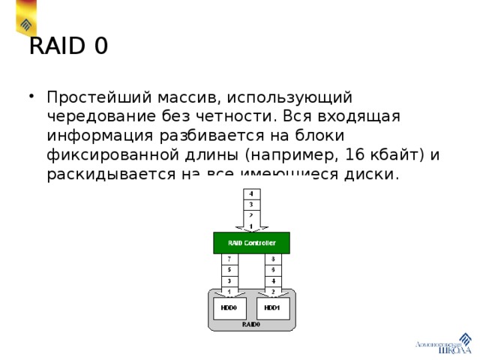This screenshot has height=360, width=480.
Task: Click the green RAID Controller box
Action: (x=251, y=243)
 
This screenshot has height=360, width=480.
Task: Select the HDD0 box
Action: (x=229, y=307)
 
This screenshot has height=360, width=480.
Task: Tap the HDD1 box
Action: (x=272, y=307)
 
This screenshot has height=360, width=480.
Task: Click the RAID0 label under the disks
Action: (x=250, y=325)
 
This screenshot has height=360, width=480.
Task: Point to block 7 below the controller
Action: (x=229, y=259)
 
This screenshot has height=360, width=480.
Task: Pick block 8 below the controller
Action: (x=272, y=259)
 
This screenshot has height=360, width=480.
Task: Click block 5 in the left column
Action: (x=229, y=270)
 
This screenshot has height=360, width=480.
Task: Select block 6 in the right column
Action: (x=272, y=270)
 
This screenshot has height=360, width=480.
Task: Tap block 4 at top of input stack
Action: (x=250, y=193)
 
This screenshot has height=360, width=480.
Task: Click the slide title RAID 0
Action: (x=68, y=46)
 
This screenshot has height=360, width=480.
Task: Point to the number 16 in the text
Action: (x=347, y=155)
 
